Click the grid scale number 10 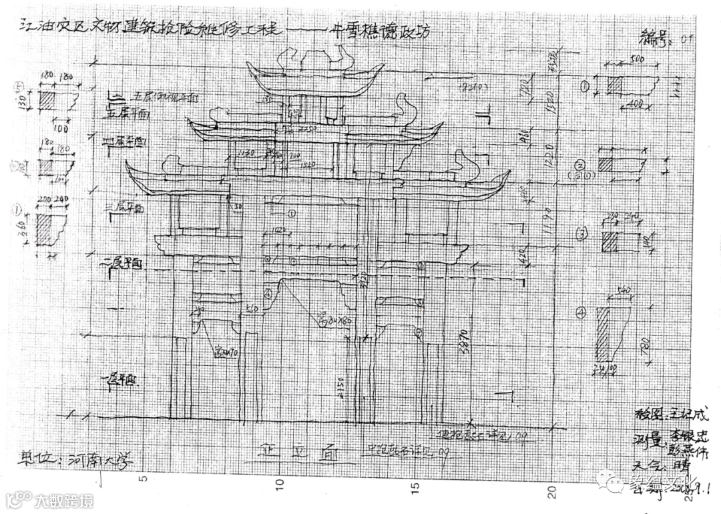pos(280,481)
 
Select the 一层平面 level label pos(120,381)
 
